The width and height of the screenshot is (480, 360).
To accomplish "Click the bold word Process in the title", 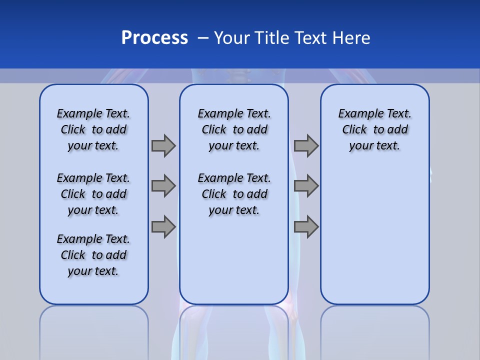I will [154, 38].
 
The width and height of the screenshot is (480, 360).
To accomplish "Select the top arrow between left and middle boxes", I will [163, 145].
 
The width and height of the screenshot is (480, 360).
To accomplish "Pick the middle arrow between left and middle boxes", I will [163, 186].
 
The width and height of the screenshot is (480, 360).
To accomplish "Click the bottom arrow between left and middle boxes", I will [163, 227].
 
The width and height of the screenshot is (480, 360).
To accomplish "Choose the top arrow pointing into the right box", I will [306, 145].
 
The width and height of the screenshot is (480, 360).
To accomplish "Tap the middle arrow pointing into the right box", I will [306, 186].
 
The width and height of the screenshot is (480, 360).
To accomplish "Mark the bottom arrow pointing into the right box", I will [306, 227].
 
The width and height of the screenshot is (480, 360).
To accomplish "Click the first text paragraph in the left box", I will [93, 129].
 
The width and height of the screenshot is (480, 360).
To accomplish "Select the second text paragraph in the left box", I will [93, 194].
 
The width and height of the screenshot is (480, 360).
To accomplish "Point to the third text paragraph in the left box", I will [93, 255].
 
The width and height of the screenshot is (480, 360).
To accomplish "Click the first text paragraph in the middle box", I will [234, 129].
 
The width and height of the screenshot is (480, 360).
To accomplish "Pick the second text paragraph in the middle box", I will [234, 194].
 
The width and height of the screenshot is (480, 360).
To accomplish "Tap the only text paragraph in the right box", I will [374, 129].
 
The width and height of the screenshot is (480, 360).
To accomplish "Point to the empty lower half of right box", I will [374, 240].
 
